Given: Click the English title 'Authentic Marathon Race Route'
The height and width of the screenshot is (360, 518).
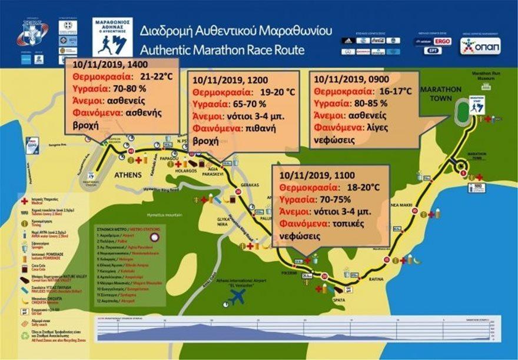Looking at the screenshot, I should click(222, 49).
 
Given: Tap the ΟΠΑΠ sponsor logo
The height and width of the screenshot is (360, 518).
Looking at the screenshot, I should click(480, 46).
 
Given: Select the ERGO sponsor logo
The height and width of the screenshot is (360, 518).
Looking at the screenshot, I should click(442, 41).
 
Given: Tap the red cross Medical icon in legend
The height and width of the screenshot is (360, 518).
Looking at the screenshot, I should click(24, 201).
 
